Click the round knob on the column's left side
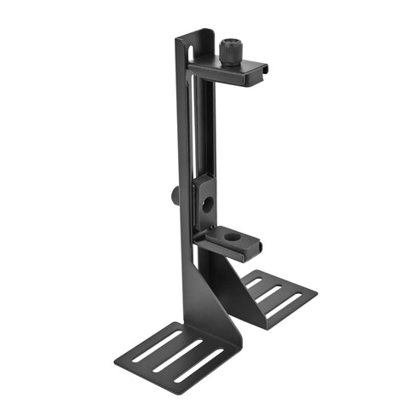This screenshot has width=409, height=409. [175, 195]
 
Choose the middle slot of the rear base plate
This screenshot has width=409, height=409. [271, 292]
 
